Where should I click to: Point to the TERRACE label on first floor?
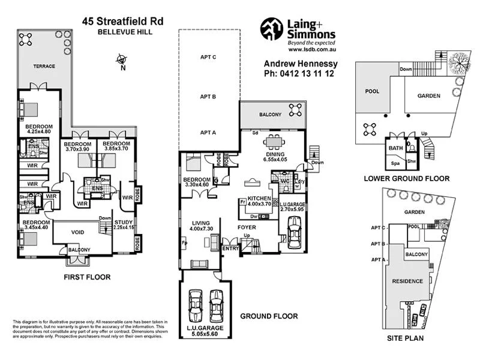coord(44,66)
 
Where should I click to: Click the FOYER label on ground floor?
coord(247,227)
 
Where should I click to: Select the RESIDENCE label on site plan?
coord(407,281)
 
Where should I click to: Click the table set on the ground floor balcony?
coord(295,109)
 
